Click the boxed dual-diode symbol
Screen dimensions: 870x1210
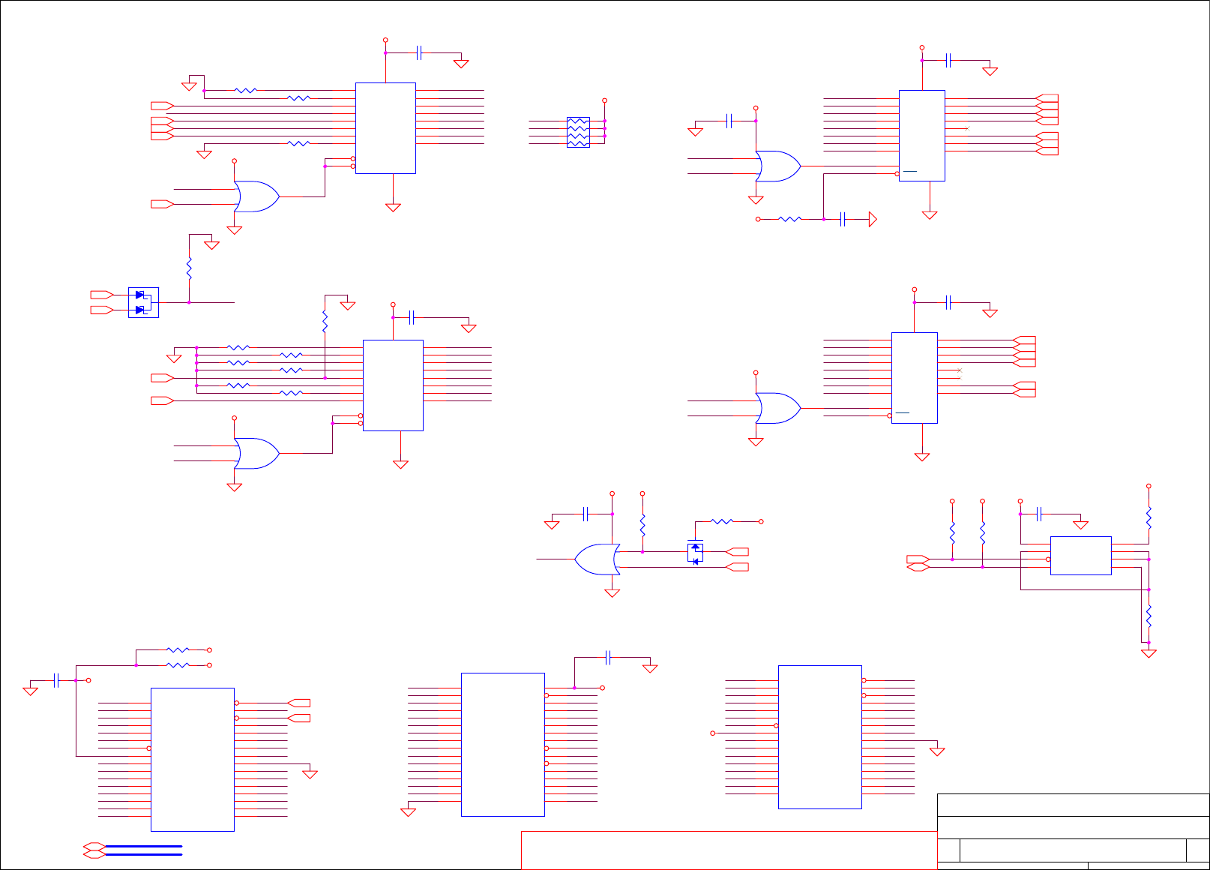pyautogui.click(x=143, y=302)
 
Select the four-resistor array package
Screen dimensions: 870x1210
pyautogui.click(x=578, y=132)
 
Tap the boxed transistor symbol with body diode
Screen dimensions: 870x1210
pyautogui.click(x=695, y=553)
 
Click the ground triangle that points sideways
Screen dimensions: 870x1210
pyautogui.click(x=872, y=219)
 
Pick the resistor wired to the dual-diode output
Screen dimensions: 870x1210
pyautogui.click(x=189, y=268)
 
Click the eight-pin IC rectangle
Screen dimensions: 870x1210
pyautogui.click(x=1080, y=556)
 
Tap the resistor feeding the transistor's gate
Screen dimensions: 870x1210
pyautogui.click(x=721, y=521)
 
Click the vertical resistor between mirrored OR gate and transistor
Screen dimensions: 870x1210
pyautogui.click(x=642, y=525)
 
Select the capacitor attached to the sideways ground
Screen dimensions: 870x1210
pyautogui.click(x=843, y=219)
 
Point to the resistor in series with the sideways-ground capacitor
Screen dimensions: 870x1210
pyautogui.click(x=790, y=219)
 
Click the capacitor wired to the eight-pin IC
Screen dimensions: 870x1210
pyautogui.click(x=1039, y=514)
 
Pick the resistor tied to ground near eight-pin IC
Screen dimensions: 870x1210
pyautogui.click(x=1148, y=616)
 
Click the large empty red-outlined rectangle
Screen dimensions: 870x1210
pyautogui.click(x=729, y=850)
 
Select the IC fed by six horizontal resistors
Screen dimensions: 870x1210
pyautogui.click(x=393, y=385)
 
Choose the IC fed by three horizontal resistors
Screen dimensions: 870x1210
pyautogui.click(x=385, y=128)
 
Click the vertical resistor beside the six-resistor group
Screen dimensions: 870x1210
pyautogui.click(x=325, y=322)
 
